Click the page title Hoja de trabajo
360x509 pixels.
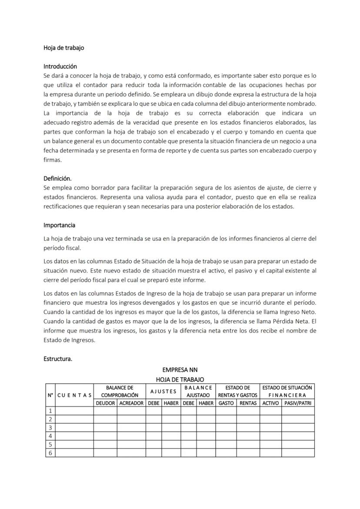point(63,48)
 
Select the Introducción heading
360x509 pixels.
point(60,67)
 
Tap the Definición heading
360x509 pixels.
point(57,179)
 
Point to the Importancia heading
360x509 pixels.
point(59,225)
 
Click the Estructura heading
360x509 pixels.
point(58,359)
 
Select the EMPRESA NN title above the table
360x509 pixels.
point(180,370)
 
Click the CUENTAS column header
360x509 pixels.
point(74,395)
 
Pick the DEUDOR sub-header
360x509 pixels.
point(105,403)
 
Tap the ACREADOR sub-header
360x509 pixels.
point(131,403)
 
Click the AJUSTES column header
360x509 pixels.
point(163,391)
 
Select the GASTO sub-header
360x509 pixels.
point(226,403)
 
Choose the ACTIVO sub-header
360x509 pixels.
point(270,403)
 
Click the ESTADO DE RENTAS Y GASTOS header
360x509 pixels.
point(237,391)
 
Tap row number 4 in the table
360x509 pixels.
point(50,436)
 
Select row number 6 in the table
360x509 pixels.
point(50,453)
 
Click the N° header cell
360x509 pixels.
point(50,395)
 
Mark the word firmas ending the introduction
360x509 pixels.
point(53,160)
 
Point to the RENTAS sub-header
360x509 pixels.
point(248,403)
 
